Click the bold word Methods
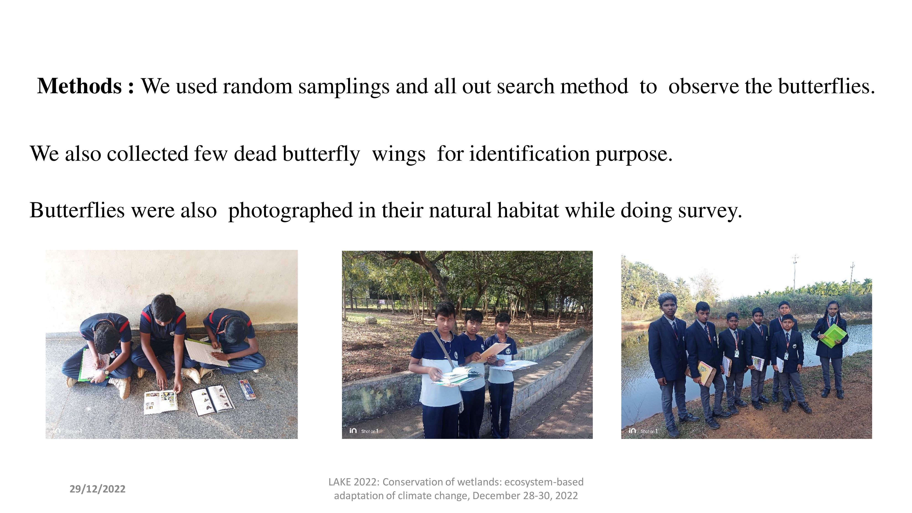click(80, 86)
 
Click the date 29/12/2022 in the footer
click(97, 489)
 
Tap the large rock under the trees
click(371, 320)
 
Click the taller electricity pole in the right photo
click(795, 272)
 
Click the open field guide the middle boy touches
click(160, 402)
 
